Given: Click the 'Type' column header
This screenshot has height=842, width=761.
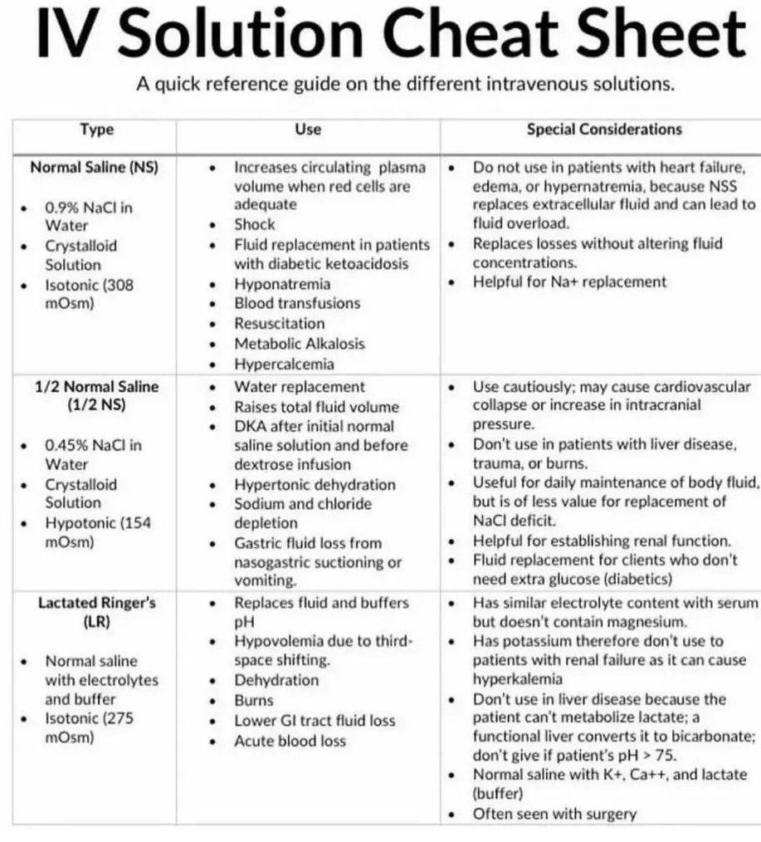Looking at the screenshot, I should (96, 130).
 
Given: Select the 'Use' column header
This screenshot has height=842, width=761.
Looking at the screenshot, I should (308, 130).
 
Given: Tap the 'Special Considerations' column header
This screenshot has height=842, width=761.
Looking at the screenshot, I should (604, 130).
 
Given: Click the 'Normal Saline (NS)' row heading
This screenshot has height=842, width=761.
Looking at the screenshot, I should (94, 166).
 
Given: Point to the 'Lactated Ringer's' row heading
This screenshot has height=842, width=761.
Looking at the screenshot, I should (97, 603).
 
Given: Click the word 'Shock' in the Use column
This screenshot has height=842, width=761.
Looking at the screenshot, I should (254, 224).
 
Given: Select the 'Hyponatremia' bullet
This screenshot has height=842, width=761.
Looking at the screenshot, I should (281, 284).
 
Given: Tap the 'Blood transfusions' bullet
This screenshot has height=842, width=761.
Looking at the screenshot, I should (296, 303).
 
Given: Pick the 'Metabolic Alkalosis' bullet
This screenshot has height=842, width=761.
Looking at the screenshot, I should (299, 343).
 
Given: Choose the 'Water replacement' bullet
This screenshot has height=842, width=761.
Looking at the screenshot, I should (299, 387).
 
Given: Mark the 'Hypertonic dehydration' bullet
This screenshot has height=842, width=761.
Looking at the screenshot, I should (315, 484).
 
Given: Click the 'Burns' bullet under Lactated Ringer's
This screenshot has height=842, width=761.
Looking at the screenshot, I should (253, 701).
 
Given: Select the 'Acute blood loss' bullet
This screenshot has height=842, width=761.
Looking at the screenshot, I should (290, 741).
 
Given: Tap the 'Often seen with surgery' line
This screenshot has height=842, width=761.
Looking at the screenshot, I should (554, 814).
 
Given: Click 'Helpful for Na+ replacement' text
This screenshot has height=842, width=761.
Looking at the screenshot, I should (569, 282).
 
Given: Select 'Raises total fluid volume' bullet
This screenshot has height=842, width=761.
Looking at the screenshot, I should (316, 407).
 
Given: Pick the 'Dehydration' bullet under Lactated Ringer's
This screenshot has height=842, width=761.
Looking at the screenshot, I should (276, 680).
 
